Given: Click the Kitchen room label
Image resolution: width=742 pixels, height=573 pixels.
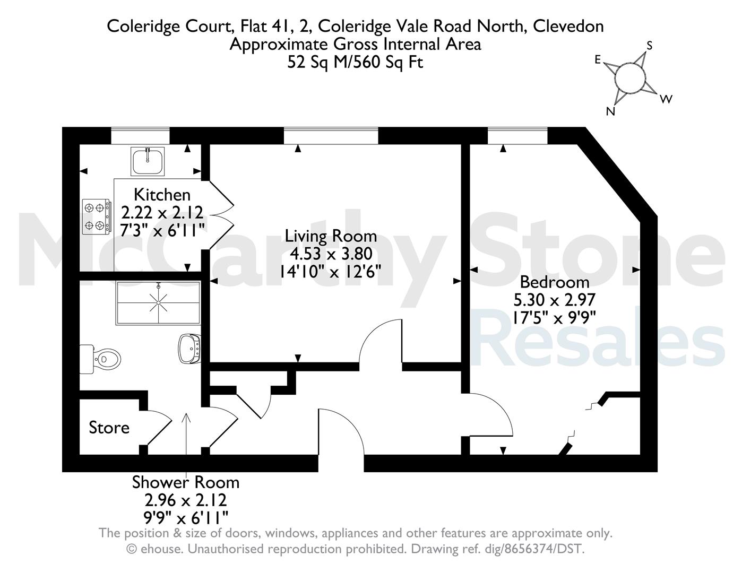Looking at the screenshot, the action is [162, 195].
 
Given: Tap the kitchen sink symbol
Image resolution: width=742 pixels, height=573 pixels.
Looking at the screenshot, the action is [148, 161].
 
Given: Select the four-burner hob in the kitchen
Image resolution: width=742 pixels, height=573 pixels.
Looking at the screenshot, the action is [96, 216].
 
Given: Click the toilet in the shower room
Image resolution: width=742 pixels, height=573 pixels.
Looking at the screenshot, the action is [101, 359].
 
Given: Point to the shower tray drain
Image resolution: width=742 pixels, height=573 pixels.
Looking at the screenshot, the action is [159, 303].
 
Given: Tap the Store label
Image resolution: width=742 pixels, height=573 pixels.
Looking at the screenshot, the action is [109, 428].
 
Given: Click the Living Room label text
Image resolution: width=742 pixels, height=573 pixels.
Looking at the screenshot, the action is [331, 236].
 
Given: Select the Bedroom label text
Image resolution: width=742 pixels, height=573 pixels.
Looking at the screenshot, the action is [555, 282].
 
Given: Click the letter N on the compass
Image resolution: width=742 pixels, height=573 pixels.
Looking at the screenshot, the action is [610, 111].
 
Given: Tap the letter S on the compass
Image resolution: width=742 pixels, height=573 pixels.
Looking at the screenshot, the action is [650, 46].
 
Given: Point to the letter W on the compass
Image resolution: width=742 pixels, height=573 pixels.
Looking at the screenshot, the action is [666, 99].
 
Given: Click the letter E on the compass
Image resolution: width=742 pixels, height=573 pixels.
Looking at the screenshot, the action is [598, 60].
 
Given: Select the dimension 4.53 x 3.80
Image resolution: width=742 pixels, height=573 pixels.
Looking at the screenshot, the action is [331, 254].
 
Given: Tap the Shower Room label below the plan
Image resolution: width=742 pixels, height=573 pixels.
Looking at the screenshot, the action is [186, 483].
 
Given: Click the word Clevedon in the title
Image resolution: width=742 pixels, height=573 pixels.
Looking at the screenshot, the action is [568, 27].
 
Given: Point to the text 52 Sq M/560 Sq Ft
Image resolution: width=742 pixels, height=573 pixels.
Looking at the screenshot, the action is [355, 63].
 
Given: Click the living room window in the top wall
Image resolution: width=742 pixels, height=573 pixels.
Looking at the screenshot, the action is [331, 136].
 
